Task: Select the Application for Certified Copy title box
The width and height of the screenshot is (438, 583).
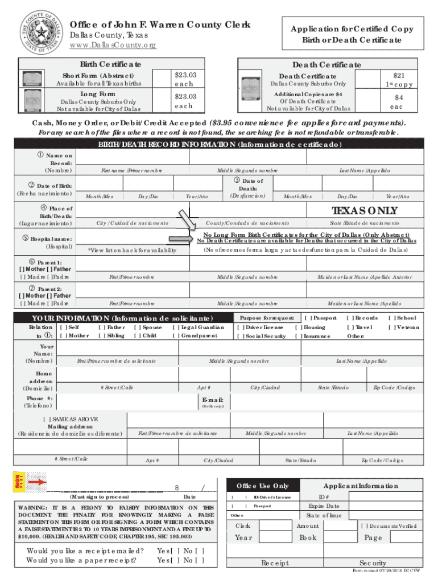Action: point(352,35)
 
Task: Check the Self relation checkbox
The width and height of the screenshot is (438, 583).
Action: point(63,327)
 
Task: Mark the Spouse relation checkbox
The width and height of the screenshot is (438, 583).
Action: point(137,327)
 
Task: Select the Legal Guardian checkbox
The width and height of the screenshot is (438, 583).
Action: point(176,327)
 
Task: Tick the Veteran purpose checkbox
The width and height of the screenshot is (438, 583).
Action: point(392,327)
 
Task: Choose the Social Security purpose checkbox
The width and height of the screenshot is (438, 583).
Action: point(241,336)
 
